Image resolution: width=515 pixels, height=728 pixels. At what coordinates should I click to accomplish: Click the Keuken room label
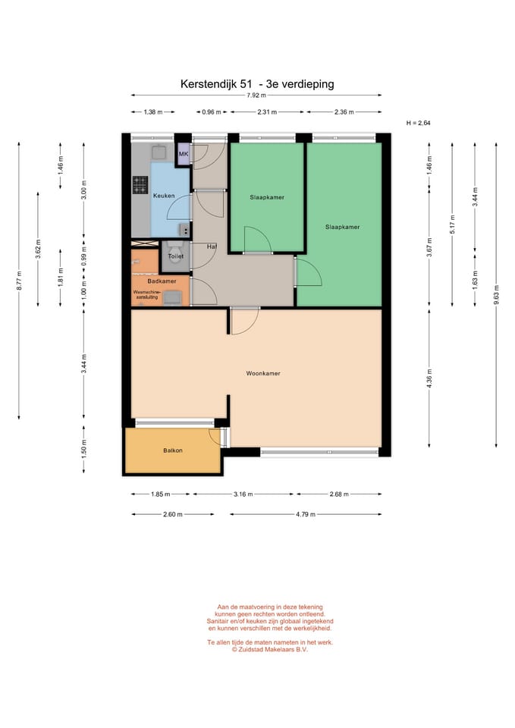164,196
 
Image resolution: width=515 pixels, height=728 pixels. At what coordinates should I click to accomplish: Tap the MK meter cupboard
184,154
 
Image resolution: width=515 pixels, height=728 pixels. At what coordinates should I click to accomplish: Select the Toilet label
175,256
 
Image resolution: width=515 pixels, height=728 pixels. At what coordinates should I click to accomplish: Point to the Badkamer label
162,281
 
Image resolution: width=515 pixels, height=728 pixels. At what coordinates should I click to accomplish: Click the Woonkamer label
263,373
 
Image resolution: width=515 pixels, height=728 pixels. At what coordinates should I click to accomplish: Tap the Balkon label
173,450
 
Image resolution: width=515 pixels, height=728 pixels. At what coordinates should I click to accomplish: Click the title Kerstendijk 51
216,84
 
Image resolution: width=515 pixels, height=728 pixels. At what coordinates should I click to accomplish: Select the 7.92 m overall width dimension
256,96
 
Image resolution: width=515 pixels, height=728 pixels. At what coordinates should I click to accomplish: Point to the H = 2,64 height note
419,123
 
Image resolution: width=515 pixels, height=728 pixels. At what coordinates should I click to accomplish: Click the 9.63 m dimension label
497,295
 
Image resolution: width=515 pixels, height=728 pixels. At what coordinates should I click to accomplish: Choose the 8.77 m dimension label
19,281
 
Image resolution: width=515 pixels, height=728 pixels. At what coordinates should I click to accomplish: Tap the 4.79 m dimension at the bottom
306,514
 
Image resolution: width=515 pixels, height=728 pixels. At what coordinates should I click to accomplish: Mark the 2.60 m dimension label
173,514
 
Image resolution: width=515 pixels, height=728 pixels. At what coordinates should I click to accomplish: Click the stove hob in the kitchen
140,185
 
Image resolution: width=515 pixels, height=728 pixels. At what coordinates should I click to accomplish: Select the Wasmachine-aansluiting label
146,295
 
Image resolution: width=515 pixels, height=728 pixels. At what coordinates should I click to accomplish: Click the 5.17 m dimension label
452,224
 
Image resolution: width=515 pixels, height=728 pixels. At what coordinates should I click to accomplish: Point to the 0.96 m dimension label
212,112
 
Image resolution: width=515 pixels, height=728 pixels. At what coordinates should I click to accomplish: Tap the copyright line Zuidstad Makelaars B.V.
270,650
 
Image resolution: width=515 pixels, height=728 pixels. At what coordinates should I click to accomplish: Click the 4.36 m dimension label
429,379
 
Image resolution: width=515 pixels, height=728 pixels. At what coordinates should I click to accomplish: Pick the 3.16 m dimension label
243,494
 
